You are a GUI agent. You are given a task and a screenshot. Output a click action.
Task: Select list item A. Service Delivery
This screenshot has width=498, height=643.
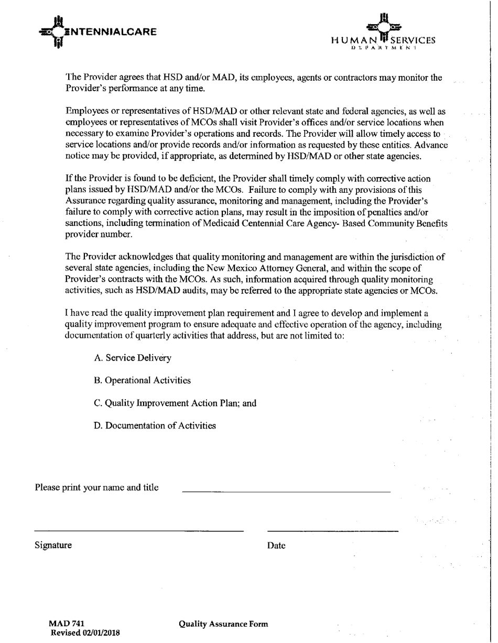(133, 358)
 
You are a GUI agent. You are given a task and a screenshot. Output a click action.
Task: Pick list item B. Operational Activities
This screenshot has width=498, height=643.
(142, 380)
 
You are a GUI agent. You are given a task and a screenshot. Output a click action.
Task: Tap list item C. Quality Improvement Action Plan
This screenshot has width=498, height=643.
(175, 404)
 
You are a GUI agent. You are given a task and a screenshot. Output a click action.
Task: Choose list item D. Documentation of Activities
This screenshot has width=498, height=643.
(155, 426)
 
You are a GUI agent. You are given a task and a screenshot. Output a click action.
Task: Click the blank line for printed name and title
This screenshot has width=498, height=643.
(286, 491)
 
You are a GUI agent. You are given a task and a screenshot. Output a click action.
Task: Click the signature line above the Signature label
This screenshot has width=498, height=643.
(139, 530)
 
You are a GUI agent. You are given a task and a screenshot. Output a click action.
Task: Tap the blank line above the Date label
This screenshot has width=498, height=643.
(332, 530)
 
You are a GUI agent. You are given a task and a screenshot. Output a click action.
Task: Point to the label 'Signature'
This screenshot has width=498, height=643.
(53, 545)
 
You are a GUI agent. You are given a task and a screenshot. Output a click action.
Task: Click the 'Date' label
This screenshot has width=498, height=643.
(276, 546)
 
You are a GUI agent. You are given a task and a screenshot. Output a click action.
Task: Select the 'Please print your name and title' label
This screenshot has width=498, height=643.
(96, 487)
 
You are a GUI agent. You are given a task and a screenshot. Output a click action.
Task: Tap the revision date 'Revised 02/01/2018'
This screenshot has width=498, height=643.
(85, 633)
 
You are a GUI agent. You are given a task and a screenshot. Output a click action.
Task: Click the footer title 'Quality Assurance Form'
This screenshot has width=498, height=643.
(223, 624)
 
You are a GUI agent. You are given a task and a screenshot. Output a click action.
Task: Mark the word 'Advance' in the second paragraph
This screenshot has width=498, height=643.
(432, 145)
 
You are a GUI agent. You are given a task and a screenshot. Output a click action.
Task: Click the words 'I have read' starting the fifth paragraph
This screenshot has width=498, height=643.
(86, 313)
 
